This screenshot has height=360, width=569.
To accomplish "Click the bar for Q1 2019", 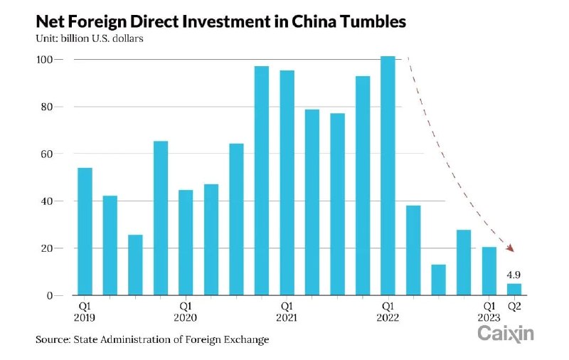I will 85,231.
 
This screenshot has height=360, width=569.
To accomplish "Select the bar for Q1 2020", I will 186,243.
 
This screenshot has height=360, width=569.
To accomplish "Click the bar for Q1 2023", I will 489,271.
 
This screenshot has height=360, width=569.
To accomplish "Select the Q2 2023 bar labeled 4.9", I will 514,289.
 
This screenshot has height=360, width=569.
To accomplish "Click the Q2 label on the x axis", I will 514,307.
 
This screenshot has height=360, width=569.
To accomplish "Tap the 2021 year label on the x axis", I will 287,318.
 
